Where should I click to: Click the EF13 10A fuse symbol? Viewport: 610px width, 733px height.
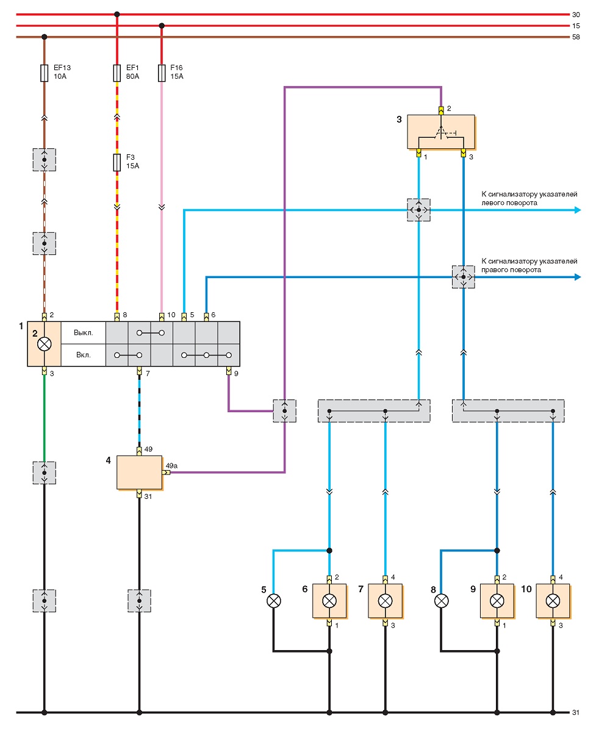[x=44, y=73]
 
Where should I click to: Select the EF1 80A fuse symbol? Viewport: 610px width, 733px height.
[x=117, y=73]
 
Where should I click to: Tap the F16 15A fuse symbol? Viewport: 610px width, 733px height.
[x=162, y=73]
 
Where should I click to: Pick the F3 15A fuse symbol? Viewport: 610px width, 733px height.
[x=117, y=163]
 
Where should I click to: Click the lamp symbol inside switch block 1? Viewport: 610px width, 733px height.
[x=45, y=344]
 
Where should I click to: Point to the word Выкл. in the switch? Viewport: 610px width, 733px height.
[x=83, y=332]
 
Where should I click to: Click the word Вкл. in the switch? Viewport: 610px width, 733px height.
[x=83, y=355]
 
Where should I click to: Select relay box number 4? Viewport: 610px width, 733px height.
[x=140, y=472]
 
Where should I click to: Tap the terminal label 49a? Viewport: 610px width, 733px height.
[x=171, y=465]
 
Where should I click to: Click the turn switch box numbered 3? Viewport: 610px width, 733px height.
[x=441, y=132]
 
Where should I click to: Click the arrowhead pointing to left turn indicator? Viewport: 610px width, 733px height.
[x=577, y=210]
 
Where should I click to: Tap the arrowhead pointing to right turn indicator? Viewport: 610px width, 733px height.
[x=577, y=277]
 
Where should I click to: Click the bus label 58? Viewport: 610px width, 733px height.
[x=576, y=37]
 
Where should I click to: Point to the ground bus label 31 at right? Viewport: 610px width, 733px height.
[x=576, y=712]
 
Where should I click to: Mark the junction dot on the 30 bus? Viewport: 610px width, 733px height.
[x=117, y=15]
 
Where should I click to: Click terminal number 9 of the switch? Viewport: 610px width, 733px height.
[x=236, y=374]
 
